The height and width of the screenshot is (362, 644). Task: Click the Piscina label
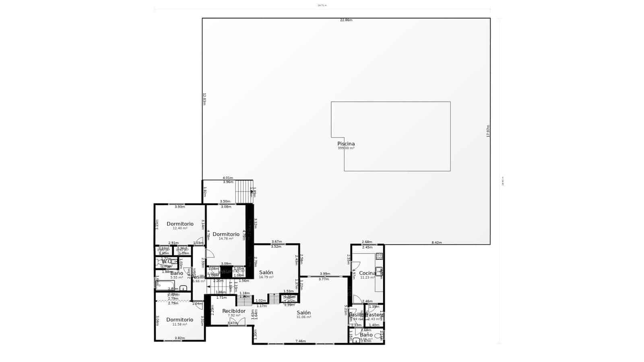click(346, 144)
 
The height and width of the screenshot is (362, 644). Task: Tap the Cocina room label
click(367, 273)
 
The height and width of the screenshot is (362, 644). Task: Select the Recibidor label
click(234, 311)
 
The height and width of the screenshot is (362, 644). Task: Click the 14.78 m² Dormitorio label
click(226, 234)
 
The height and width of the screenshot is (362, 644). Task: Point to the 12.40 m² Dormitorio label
click(180, 224)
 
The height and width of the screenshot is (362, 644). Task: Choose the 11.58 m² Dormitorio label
click(180, 320)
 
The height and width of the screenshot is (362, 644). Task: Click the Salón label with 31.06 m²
click(303, 313)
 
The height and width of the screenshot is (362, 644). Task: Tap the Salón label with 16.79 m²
click(266, 272)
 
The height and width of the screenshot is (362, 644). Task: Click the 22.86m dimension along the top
click(346, 20)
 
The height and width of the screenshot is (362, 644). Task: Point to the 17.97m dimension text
click(488, 131)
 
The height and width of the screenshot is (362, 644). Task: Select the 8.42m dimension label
click(436, 243)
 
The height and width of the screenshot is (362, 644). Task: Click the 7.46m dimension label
click(300, 341)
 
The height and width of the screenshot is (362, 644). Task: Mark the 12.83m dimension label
click(204, 99)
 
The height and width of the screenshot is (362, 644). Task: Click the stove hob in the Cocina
click(379, 256)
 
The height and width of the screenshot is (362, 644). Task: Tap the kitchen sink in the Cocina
click(379, 270)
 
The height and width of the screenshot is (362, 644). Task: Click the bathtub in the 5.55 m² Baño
click(165, 286)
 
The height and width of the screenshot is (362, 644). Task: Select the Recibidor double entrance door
click(237, 322)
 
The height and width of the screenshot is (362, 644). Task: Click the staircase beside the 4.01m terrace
click(243, 192)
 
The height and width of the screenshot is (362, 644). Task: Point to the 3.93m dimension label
click(180, 207)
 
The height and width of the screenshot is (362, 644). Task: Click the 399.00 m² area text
click(346, 148)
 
